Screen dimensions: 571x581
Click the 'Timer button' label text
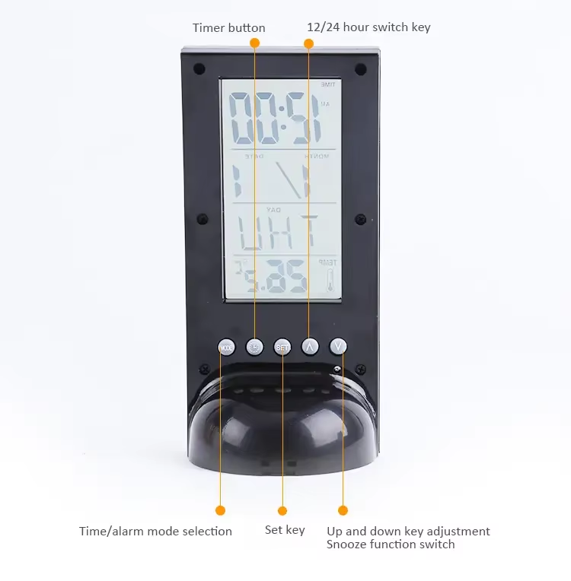(228, 28)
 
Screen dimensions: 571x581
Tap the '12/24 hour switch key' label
(368, 27)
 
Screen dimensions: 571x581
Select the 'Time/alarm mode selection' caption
(155, 531)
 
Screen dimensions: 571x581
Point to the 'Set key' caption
(285, 530)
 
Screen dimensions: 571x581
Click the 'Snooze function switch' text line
(391, 544)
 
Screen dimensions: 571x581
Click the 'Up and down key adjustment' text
(408, 531)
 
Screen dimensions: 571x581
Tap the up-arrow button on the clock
(310, 346)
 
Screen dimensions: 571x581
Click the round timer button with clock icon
(255, 347)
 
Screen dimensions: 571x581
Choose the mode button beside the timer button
(226, 347)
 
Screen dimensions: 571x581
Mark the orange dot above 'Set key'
(282, 510)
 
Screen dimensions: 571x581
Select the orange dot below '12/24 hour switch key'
(308, 44)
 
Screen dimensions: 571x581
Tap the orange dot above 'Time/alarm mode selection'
(221, 510)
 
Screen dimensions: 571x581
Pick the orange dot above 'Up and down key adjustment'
(343, 510)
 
